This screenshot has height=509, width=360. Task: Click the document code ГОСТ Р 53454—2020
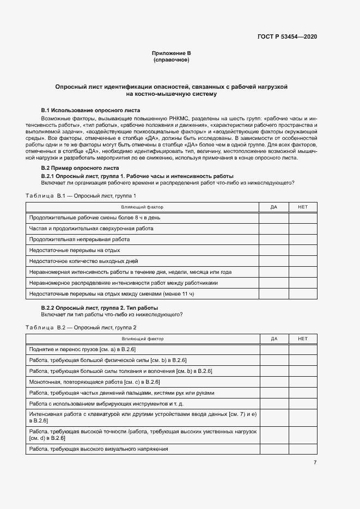pos(287,36)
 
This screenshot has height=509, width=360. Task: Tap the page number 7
pos(315,463)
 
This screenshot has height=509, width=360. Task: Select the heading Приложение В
pos(171,53)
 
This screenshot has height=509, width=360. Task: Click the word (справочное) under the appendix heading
pos(171,60)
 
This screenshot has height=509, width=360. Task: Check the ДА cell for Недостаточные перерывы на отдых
pos(273,250)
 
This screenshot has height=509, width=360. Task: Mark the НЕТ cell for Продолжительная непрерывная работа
pos(303,240)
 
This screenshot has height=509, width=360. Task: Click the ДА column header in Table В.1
pos(273,207)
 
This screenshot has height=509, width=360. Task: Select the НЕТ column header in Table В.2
pos(303,339)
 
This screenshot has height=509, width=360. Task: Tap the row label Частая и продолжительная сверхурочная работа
pos(91,229)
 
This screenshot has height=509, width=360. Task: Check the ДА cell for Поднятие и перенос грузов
pos(273,349)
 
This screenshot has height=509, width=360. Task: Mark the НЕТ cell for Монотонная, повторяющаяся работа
pos(303,382)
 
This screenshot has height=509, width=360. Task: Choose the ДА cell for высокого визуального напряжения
pos(273,449)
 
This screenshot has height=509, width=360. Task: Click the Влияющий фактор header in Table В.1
pos(142,207)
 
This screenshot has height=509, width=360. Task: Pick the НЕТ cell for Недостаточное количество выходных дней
pos(303,261)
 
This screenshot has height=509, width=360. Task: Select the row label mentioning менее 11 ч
pos(112,294)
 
